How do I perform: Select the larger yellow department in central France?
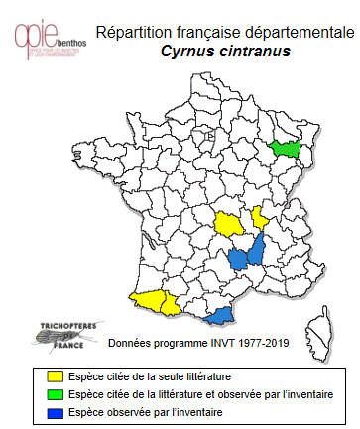[x=233, y=223]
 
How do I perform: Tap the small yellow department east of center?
[x=261, y=217]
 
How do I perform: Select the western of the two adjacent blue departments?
[x=239, y=261]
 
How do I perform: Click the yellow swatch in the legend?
[x=56, y=376]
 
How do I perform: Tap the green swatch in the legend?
[x=56, y=394]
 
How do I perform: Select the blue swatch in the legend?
[x=56, y=411]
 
